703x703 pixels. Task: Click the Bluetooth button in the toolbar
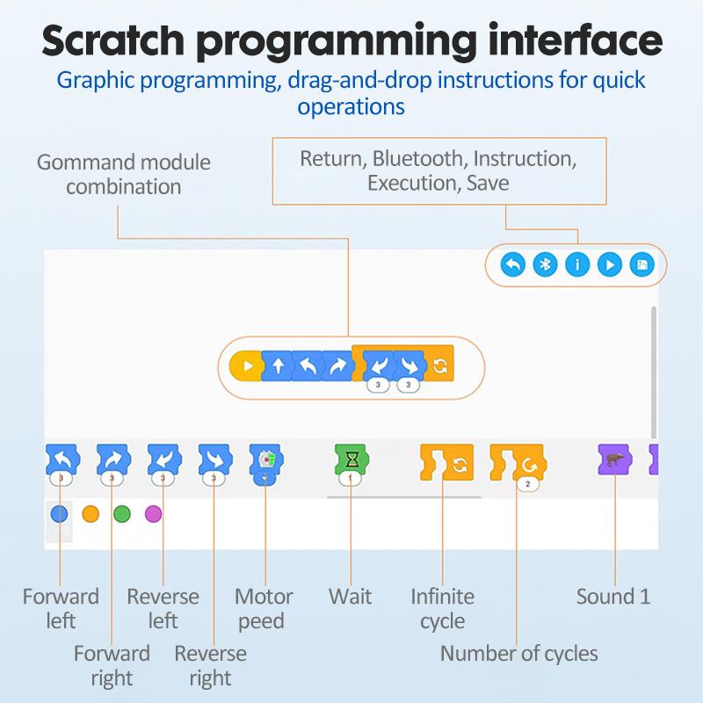(545, 265)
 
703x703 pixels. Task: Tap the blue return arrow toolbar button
(512, 265)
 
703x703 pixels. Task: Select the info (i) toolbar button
(577, 265)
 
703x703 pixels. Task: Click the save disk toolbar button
(642, 265)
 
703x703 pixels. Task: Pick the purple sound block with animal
(613, 459)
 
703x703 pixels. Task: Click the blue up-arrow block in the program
(278, 366)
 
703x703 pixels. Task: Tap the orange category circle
(91, 514)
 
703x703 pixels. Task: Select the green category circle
(122, 514)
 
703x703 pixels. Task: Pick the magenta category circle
(154, 514)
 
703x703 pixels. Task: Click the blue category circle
(59, 514)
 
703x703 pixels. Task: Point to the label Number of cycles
(518, 653)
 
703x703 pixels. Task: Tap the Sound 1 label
(613, 597)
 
